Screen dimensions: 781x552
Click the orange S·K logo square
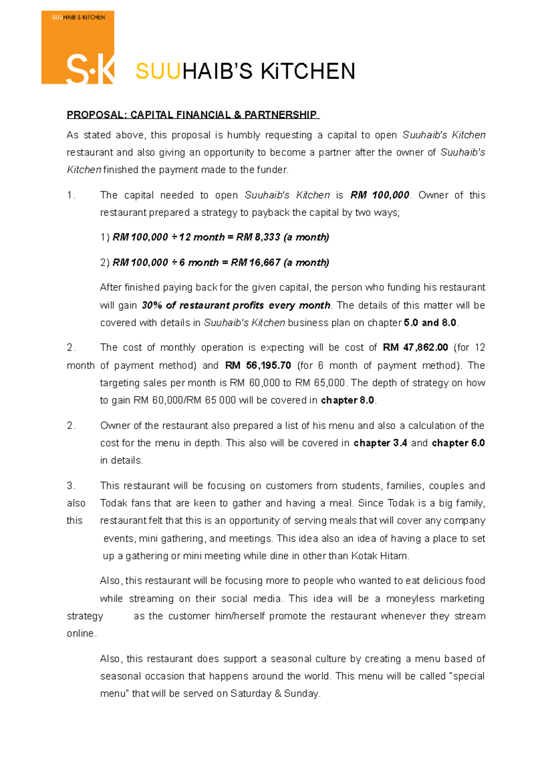coord(78,48)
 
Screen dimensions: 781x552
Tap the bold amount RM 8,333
coord(258,237)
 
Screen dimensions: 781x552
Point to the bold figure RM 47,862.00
coord(415,348)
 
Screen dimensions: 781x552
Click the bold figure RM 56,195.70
coord(258,366)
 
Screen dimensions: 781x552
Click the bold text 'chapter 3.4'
coord(380,443)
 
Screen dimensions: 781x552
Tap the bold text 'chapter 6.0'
coord(458,443)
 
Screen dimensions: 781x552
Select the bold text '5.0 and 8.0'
coord(430,323)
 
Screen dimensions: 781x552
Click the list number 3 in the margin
coord(70,486)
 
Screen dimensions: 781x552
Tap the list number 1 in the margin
coord(70,195)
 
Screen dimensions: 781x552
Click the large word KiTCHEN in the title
coord(308,71)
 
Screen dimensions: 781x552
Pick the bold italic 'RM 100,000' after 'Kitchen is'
coord(379,195)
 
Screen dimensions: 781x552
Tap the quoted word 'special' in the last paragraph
coord(468,676)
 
